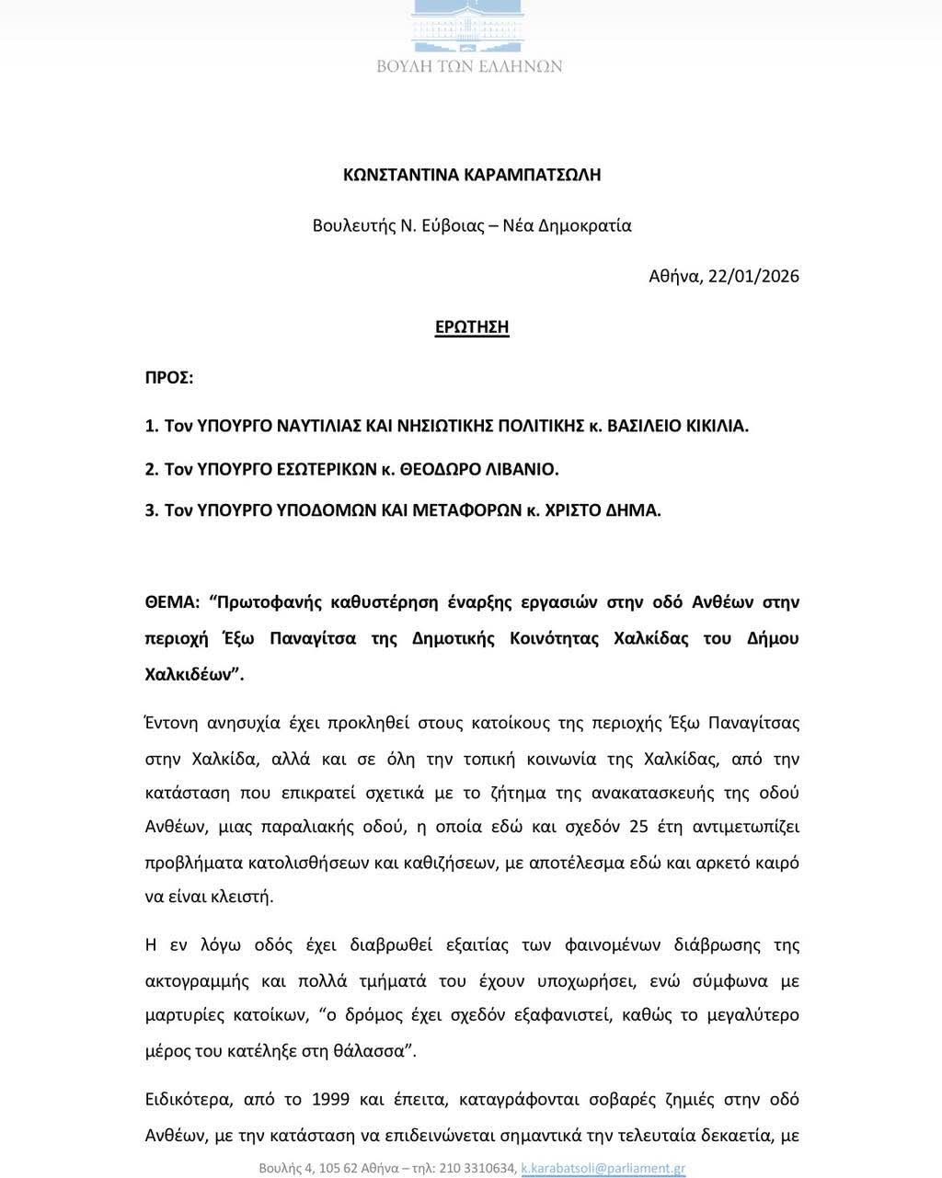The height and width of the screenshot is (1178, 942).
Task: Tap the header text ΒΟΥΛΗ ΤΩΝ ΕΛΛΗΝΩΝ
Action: point(470,66)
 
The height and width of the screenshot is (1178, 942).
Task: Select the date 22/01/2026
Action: point(753,276)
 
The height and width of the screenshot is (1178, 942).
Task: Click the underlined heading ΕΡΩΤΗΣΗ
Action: point(472,327)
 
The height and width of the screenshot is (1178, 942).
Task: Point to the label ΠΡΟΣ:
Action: point(169,378)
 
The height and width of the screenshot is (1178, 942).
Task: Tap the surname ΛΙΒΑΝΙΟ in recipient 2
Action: point(520,469)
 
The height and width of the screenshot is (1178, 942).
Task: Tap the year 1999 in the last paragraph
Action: point(330,1100)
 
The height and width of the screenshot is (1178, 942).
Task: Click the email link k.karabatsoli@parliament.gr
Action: point(603,1169)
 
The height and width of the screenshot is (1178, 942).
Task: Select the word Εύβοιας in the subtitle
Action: point(454,226)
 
